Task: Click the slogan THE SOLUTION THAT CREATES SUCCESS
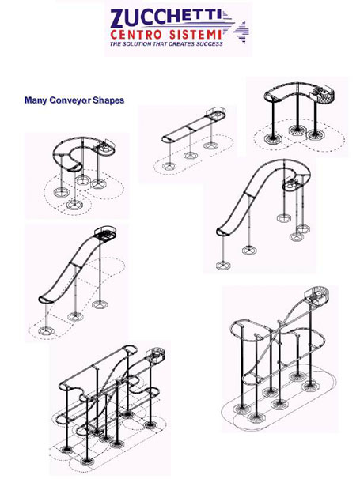[166, 43]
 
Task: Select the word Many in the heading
[36, 100]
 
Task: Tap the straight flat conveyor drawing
[193, 140]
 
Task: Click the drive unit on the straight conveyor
[216, 113]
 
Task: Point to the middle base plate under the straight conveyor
[190, 156]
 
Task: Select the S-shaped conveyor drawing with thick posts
[299, 117]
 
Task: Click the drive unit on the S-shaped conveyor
[325, 93]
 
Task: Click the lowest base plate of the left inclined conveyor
[46, 331]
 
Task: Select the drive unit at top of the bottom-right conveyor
[316, 296]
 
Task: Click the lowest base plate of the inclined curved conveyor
[223, 265]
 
